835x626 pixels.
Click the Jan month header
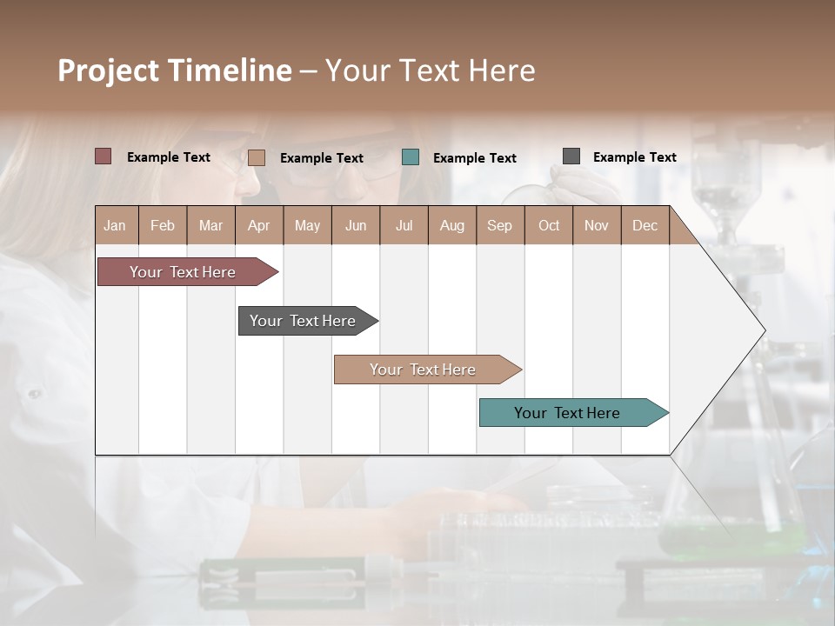coord(115,225)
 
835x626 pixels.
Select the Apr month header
coord(259,225)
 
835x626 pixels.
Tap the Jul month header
coord(404,225)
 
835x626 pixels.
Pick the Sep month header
coord(499,225)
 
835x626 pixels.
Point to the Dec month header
coord(645,225)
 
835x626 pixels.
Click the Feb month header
coord(163,225)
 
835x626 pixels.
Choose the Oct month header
coord(549,225)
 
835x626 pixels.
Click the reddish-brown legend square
coord(103,156)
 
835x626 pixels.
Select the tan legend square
coord(256,157)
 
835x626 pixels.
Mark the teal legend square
coord(411,157)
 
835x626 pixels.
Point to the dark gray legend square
coord(571,156)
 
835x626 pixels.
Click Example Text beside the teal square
coord(475,158)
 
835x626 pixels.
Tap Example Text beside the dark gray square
coord(635,157)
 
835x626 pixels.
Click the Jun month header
coord(356,225)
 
